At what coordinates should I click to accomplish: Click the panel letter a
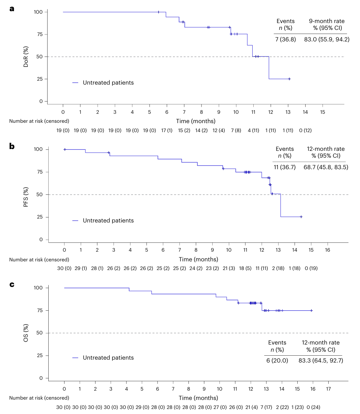click(12, 9)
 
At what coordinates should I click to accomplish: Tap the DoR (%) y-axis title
click(26, 57)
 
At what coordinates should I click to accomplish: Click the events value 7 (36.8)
click(285, 39)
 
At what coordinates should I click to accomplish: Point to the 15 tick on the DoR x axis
click(323, 112)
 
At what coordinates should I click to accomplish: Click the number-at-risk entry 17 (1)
click(167, 130)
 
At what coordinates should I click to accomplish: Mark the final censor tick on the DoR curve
click(289, 79)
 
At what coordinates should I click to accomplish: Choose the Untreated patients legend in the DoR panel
click(103, 83)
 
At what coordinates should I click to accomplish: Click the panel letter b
click(12, 146)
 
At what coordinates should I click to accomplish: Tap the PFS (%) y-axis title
click(26, 197)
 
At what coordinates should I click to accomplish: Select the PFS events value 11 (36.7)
click(285, 167)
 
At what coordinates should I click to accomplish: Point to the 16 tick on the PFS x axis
click(328, 250)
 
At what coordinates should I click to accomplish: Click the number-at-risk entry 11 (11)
click(262, 268)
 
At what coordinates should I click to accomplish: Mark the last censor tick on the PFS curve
click(301, 217)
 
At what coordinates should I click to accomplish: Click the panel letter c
click(12, 285)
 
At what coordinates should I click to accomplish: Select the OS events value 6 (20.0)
click(277, 360)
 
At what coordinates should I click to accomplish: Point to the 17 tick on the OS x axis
click(328, 389)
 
